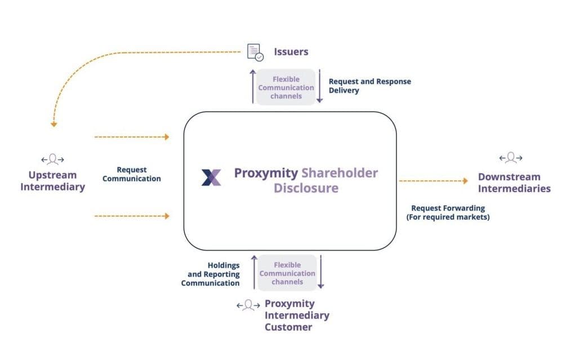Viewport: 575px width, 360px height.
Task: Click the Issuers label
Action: (291, 52)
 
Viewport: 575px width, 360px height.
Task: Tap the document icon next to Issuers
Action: (255, 52)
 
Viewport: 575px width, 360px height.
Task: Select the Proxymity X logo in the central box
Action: (211, 177)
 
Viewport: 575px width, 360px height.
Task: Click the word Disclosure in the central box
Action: (306, 188)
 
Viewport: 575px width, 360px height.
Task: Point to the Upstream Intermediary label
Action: (52, 181)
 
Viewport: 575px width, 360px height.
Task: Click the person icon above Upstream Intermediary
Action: (52, 159)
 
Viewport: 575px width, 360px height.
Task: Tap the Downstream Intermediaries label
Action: (514, 183)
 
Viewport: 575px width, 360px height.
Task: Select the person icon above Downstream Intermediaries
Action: (511, 158)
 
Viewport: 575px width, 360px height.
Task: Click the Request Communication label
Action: (132, 174)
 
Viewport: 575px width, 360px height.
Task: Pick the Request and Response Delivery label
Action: (369, 86)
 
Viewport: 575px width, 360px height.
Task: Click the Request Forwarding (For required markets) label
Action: (448, 212)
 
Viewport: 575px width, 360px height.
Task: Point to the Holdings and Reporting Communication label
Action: (210, 274)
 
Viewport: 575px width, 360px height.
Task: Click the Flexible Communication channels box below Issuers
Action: (286, 87)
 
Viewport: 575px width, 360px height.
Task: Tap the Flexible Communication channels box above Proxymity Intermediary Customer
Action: (287, 273)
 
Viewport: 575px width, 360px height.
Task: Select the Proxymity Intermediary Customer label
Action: (297, 315)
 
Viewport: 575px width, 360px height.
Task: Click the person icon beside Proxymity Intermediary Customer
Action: (248, 305)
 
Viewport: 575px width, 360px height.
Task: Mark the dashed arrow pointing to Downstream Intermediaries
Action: (434, 180)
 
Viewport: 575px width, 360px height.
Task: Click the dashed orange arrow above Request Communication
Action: (132, 137)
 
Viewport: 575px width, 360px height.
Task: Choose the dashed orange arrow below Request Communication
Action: (132, 216)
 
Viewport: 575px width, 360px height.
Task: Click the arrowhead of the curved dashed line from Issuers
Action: (54, 125)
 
